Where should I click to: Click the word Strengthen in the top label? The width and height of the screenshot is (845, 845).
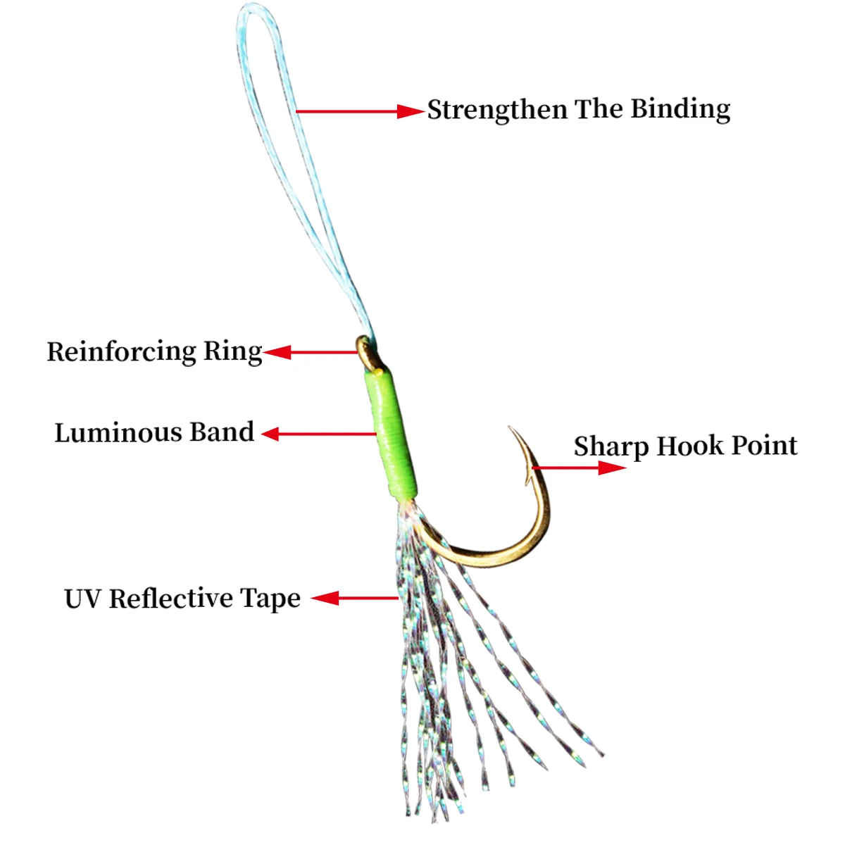pos(497,110)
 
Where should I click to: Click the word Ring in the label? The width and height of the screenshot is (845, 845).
pos(232,351)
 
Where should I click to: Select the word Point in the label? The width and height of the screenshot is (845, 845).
pos(765,446)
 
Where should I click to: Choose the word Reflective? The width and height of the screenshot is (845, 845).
pos(170,599)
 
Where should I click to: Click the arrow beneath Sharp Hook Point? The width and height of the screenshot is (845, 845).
pos(579,468)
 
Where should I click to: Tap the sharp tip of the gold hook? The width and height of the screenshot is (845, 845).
pos(510,427)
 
